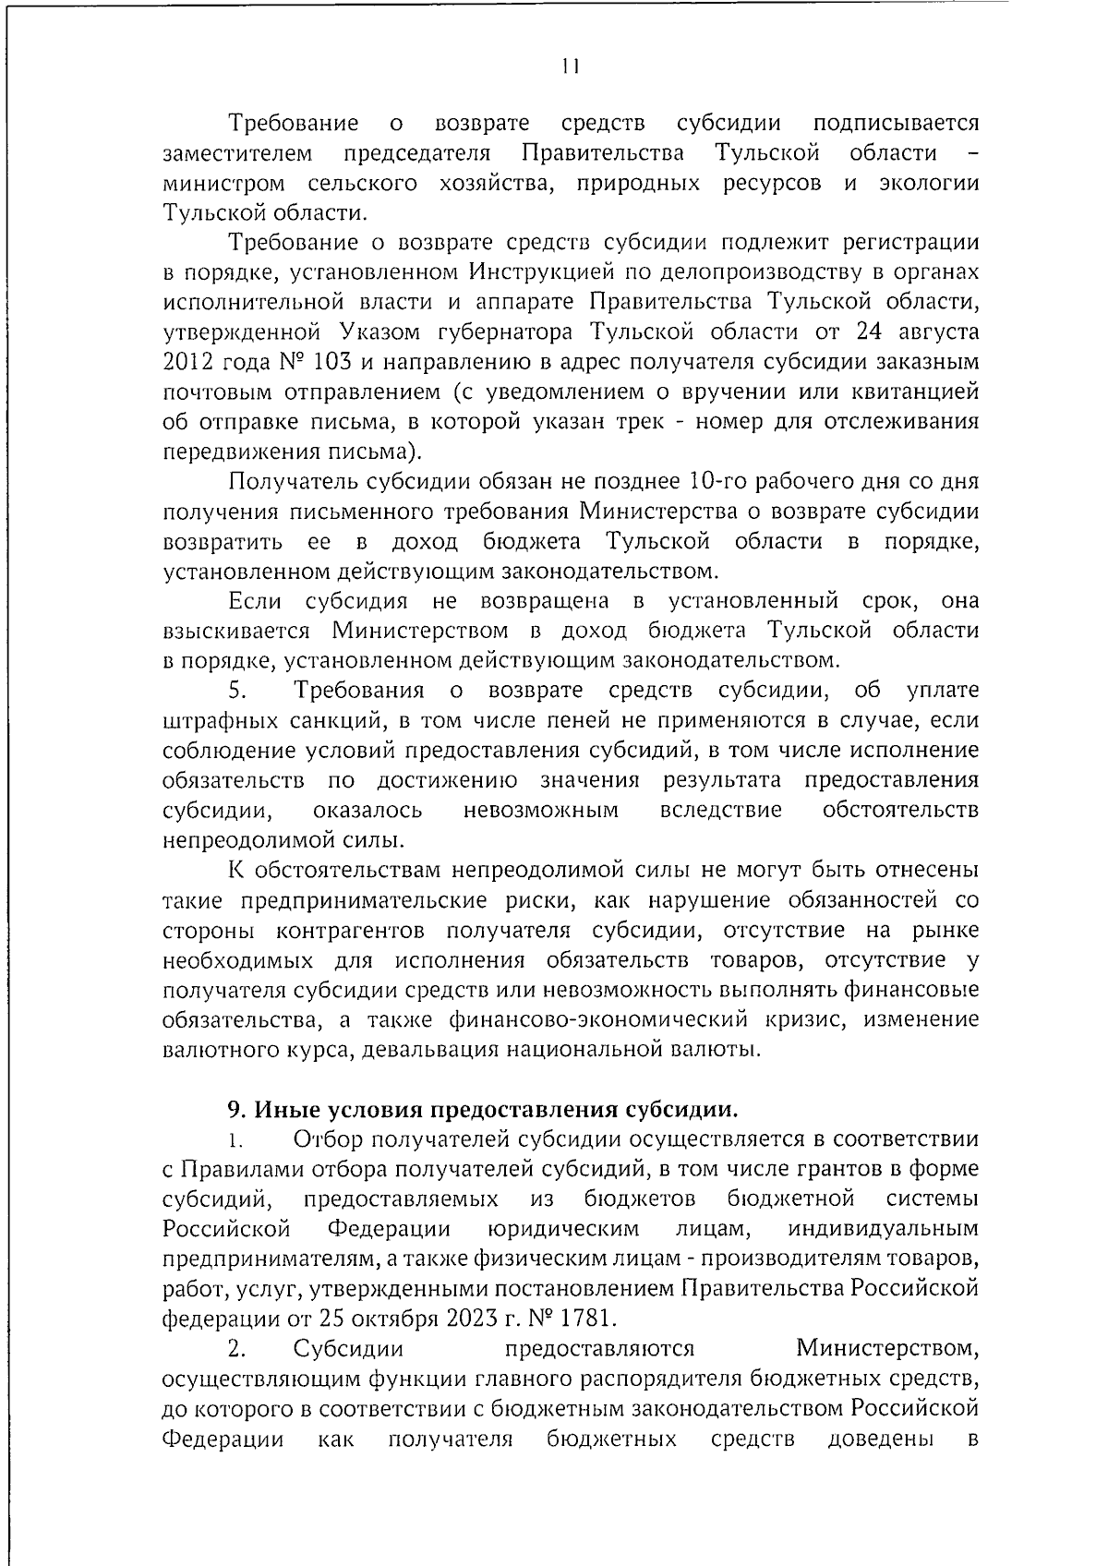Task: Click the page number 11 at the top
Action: pos(570,66)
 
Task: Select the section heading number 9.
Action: pos(235,1107)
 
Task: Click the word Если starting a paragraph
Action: pos(255,601)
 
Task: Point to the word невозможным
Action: pos(540,811)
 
